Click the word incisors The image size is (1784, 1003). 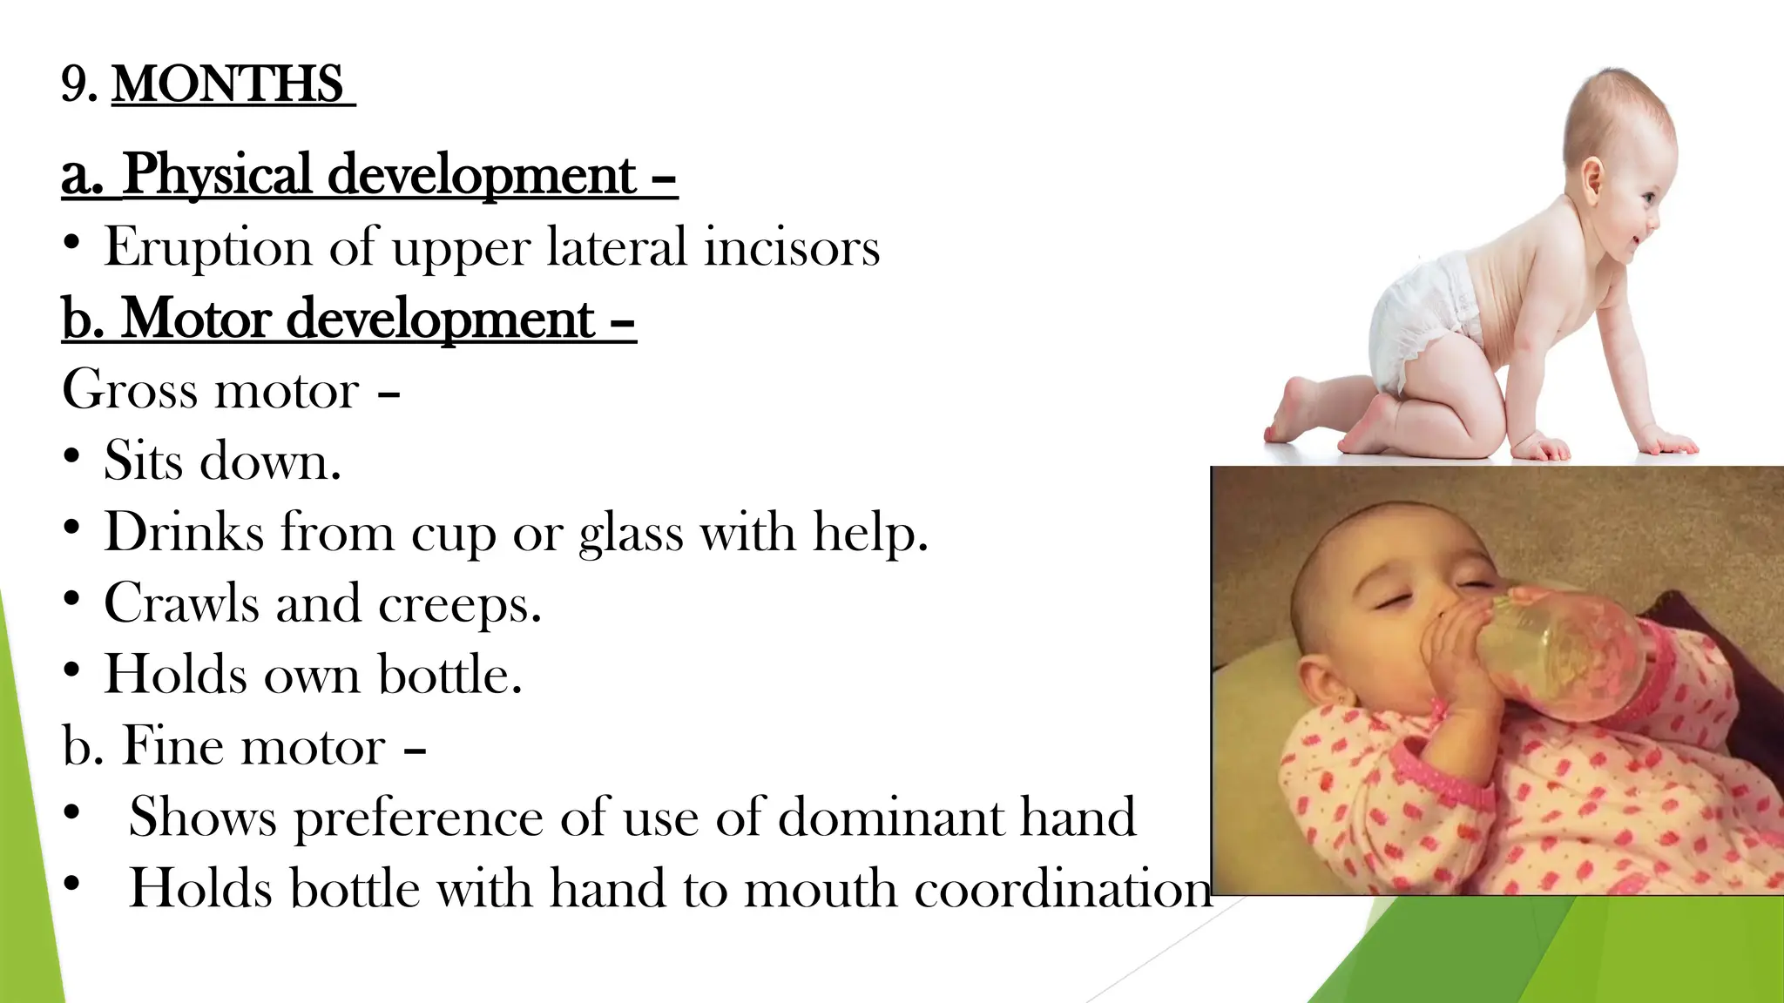coord(792,247)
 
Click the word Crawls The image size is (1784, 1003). coord(181,602)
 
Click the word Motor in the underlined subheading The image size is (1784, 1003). coord(196,319)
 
